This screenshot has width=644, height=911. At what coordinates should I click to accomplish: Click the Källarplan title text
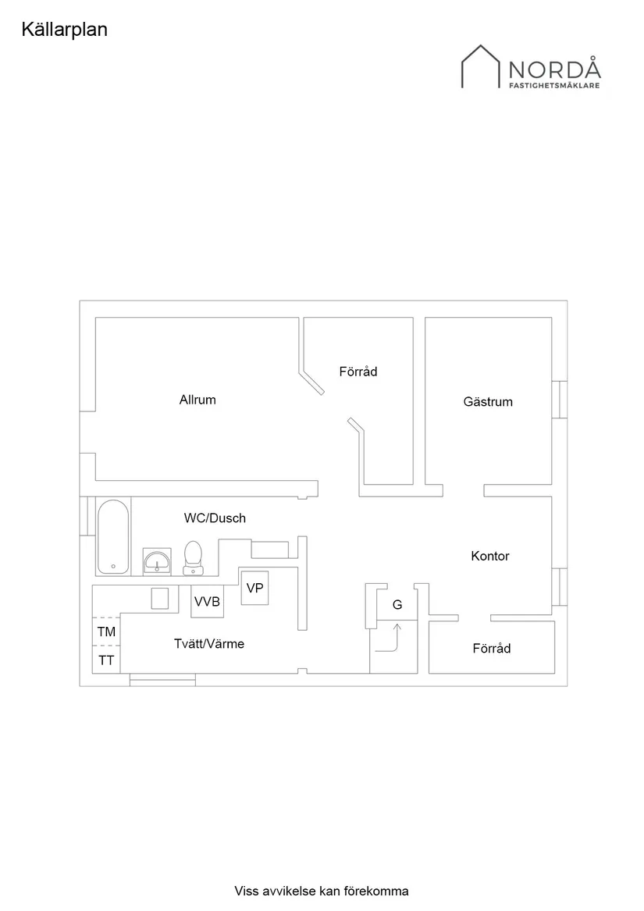point(65,30)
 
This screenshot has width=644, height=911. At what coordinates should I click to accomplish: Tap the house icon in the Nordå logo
point(480,66)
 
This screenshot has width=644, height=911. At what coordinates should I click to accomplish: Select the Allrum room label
point(197,400)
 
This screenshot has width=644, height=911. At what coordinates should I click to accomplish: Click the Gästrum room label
point(488,401)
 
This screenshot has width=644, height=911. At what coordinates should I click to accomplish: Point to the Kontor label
point(490,556)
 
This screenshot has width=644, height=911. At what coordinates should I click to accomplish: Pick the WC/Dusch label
point(215,518)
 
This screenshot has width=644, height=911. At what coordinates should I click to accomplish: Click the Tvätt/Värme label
point(209,644)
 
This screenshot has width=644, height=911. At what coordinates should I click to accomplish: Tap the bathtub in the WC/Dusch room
point(112,537)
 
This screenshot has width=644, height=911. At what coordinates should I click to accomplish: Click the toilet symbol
point(193,557)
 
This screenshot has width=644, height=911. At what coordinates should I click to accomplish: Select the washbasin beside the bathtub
point(157,561)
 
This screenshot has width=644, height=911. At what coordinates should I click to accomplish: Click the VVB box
point(208,601)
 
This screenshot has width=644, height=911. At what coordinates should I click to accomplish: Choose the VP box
point(254,588)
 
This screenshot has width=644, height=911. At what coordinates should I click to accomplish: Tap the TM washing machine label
point(106,632)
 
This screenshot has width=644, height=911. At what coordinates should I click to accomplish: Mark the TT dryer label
point(106,660)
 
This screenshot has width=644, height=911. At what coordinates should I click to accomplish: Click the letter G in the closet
point(397,605)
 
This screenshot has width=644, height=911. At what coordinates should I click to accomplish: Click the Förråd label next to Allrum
point(358,372)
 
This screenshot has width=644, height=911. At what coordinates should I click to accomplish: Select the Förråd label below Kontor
point(492,649)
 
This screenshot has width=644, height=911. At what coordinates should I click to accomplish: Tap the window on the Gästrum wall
point(559,399)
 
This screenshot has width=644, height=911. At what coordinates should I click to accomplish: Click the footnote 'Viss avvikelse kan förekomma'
point(322,891)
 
